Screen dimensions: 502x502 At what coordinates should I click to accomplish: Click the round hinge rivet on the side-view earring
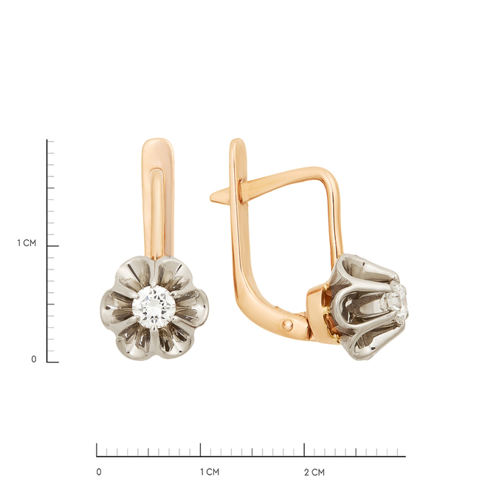pyautogui.click(x=287, y=326)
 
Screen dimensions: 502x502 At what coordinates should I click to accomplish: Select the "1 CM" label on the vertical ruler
pyautogui.click(x=27, y=243)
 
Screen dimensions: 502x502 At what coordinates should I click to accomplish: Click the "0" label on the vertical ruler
pyautogui.click(x=34, y=360)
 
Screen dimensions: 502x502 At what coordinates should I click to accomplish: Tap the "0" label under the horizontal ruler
pyautogui.click(x=99, y=472)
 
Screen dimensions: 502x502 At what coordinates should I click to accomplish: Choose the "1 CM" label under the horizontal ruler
pyautogui.click(x=210, y=472)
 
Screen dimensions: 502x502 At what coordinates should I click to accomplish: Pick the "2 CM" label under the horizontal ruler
pyautogui.click(x=314, y=472)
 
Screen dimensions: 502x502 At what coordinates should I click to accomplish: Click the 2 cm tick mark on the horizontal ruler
pyautogui.click(x=304, y=450)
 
